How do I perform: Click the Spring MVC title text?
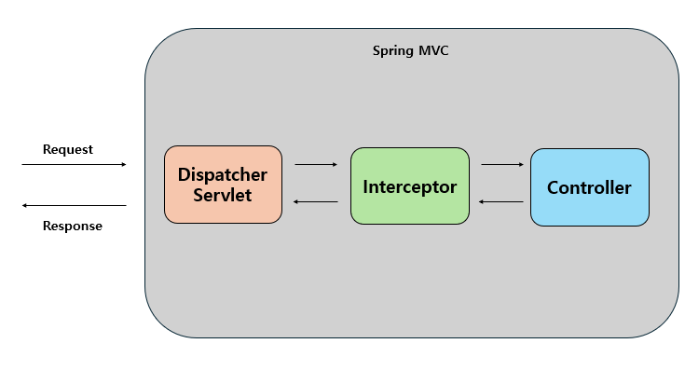(x=411, y=49)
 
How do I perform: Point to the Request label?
(x=68, y=149)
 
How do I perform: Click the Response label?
(x=73, y=226)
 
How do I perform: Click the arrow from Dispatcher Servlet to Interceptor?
(x=315, y=165)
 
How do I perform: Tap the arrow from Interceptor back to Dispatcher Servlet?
(x=315, y=201)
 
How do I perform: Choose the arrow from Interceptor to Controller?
(x=502, y=165)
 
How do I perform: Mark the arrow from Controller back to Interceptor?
(x=501, y=201)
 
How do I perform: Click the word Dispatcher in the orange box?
(x=223, y=175)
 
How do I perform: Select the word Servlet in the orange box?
(x=223, y=196)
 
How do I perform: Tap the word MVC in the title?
(x=433, y=49)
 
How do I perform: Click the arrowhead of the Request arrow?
(x=123, y=165)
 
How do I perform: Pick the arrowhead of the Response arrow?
(x=24, y=205)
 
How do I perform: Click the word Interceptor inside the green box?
(x=409, y=186)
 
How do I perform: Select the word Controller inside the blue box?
(x=589, y=187)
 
